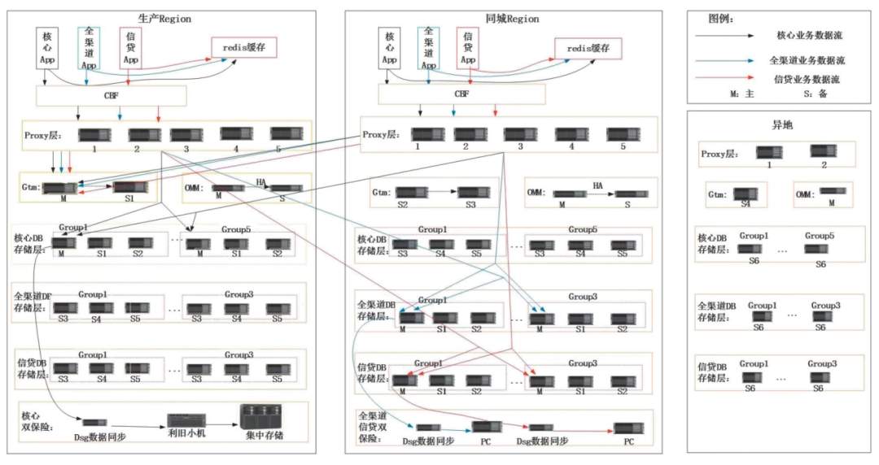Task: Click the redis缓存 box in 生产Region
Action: click(x=244, y=47)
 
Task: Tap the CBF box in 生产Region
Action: click(x=112, y=96)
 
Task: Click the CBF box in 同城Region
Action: click(x=461, y=93)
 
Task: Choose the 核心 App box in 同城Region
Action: click(x=390, y=47)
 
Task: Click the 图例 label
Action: click(x=722, y=17)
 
